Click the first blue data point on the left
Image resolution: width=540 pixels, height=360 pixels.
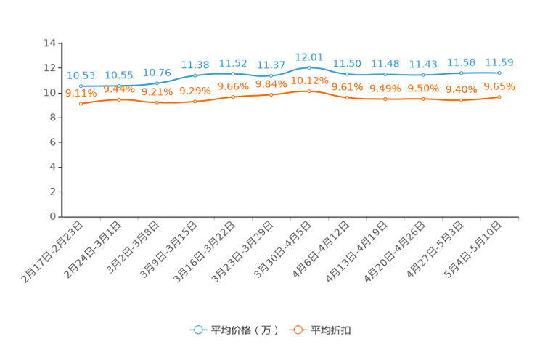tap(81, 86)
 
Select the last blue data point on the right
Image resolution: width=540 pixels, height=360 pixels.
tap(499, 73)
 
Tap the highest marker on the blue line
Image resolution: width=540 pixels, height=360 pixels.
tap(309, 67)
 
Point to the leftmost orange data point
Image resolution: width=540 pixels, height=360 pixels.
tap(81, 105)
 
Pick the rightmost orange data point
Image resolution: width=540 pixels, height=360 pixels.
tap(499, 97)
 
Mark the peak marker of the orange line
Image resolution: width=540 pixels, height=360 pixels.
tap(309, 91)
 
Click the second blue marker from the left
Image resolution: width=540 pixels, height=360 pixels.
tap(119, 86)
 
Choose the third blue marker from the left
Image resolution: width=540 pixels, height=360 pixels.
tap(157, 83)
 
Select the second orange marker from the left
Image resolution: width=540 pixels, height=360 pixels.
tap(119, 99)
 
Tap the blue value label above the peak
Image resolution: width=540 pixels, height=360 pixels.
tap(309, 56)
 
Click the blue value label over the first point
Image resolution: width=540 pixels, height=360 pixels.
tap(81, 75)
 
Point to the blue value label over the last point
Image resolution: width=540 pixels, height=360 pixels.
tap(499, 62)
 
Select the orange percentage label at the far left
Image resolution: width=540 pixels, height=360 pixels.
tap(81, 94)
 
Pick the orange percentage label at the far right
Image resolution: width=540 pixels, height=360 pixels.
tap(499, 86)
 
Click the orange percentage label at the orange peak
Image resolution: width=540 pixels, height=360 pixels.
tap(311, 81)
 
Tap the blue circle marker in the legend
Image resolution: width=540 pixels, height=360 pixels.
tap(197, 330)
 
